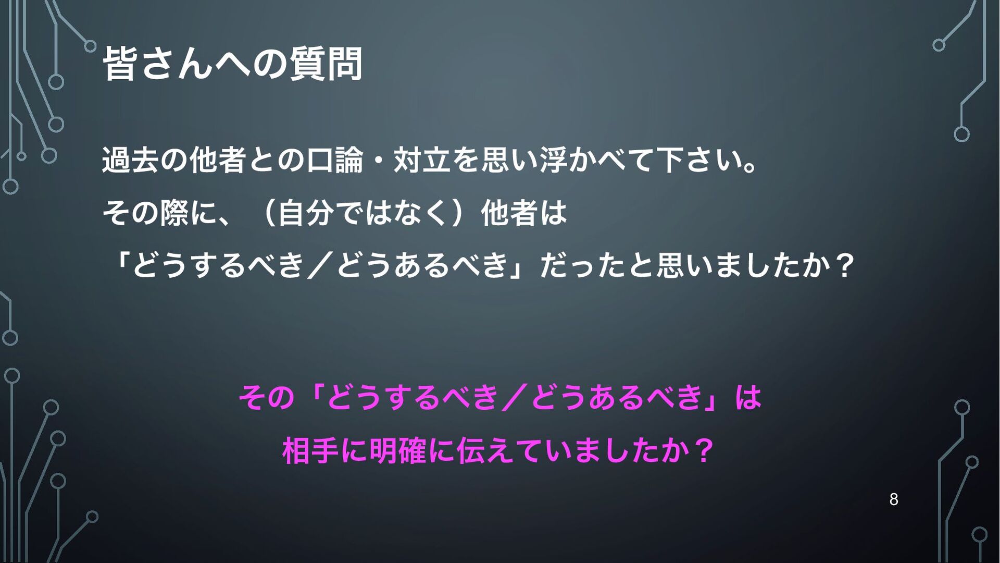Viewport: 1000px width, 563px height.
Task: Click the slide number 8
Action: tap(894, 499)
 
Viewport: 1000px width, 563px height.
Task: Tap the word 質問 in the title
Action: tap(326, 64)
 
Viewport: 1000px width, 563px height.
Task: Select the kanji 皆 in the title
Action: tap(120, 64)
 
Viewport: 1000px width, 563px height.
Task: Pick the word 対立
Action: tap(422, 160)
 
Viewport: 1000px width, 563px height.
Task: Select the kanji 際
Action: tap(174, 213)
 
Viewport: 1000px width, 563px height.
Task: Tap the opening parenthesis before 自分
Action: tap(267, 213)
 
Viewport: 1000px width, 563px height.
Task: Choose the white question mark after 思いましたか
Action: tap(844, 265)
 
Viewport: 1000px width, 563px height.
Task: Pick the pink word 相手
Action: tap(311, 451)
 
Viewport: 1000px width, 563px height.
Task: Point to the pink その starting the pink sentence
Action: tap(267, 397)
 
